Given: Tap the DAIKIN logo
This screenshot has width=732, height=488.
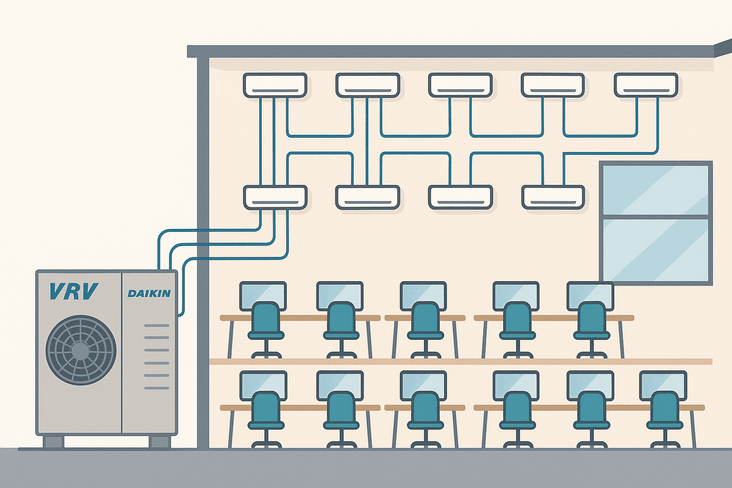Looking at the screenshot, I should [x=149, y=293].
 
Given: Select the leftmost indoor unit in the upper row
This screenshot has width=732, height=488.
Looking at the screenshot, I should [x=274, y=85].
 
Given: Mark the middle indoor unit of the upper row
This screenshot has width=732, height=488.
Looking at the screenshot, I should [x=460, y=85].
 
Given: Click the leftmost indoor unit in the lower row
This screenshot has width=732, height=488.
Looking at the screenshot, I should [x=274, y=197].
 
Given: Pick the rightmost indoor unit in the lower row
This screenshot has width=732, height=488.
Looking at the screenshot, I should [x=553, y=197].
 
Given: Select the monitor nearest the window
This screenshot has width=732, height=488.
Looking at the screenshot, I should [x=590, y=294].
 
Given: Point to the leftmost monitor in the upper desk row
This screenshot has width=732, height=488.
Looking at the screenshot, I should [x=263, y=294].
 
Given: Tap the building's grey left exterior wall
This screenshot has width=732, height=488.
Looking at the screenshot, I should [x=203, y=244].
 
